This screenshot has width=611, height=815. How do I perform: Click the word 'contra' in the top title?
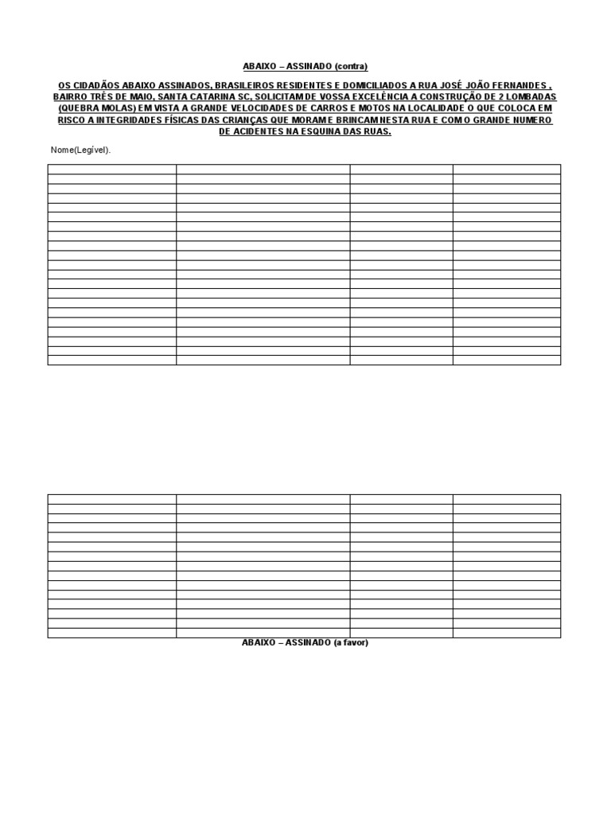pyautogui.click(x=352, y=67)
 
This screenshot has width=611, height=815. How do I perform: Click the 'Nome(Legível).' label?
pyautogui.click(x=80, y=150)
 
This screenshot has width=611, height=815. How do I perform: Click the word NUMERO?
pyautogui.click(x=527, y=120)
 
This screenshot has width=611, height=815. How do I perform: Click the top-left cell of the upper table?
pyautogui.click(x=111, y=169)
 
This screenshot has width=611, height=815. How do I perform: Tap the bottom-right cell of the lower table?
pyautogui.click(x=507, y=633)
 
